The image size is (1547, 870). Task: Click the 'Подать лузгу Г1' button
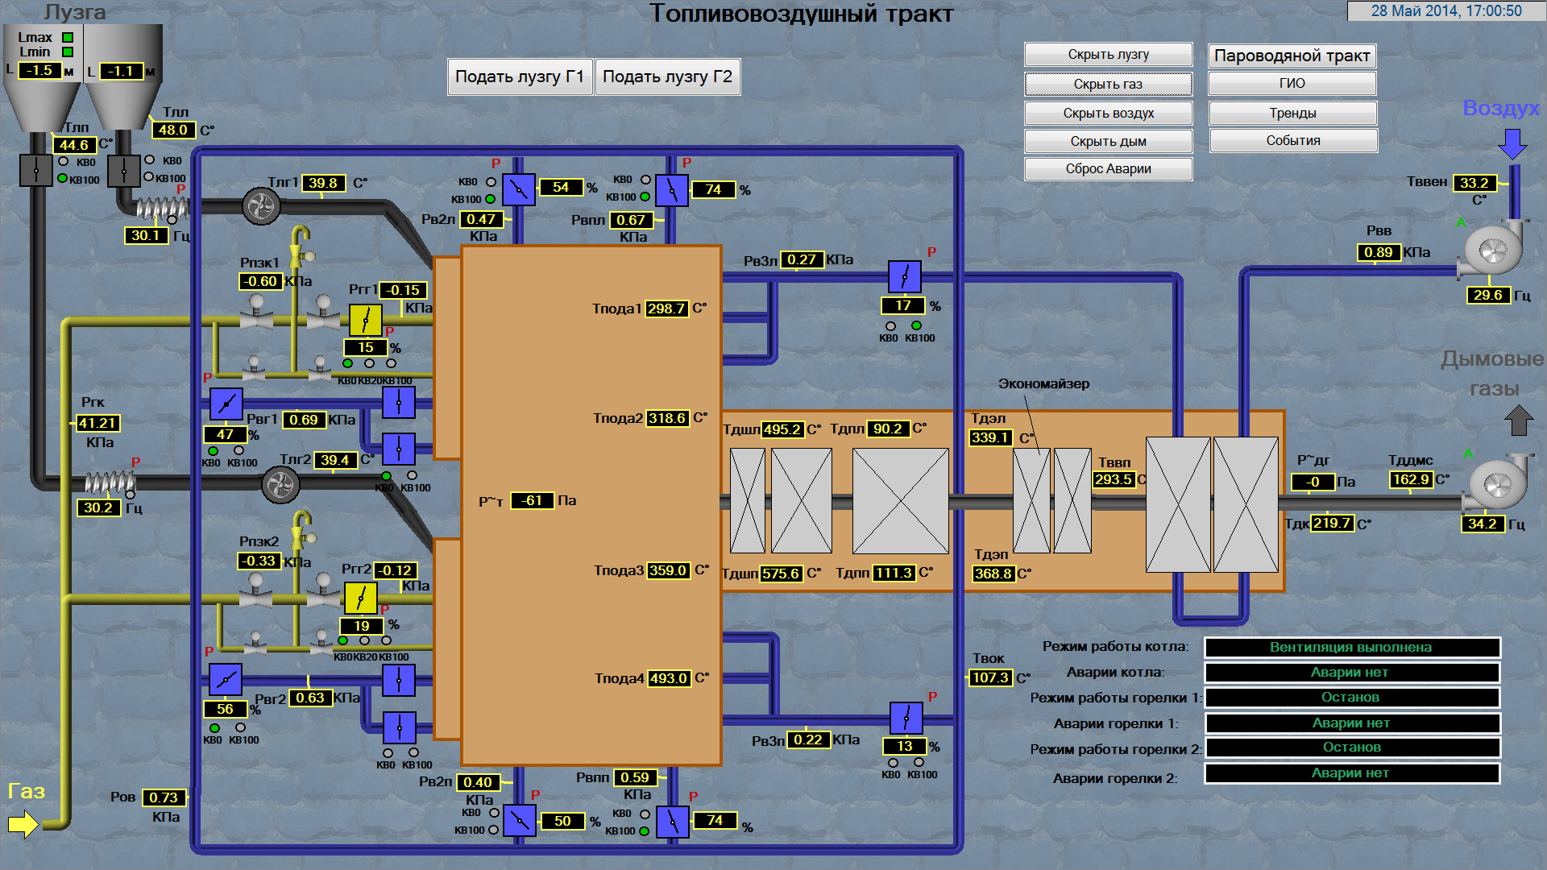coord(520,77)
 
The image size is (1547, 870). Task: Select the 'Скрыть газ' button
coord(1108,84)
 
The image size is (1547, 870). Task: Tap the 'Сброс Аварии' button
coord(1108,169)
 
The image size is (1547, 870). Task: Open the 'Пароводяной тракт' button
coord(1292,56)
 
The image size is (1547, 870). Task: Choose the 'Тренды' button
coord(1292,113)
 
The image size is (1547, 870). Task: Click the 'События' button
coord(1292,141)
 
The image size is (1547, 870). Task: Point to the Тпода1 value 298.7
coord(666,309)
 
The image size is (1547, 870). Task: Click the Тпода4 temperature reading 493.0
coord(669,678)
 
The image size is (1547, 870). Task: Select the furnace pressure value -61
coord(532,500)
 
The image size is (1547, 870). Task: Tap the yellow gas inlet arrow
coord(23,823)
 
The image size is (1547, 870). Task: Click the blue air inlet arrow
coord(1512,144)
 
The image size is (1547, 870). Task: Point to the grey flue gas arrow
coord(1519,420)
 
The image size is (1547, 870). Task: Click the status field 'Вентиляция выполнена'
coord(1351,647)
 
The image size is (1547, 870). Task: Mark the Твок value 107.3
coord(990,677)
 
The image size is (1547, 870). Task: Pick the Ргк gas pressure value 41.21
coord(97,423)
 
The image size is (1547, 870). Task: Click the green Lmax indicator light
coord(68,37)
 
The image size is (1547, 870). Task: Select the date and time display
coord(1446,10)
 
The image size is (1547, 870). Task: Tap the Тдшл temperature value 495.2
coord(782,429)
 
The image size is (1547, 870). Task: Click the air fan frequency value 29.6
coord(1487,295)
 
